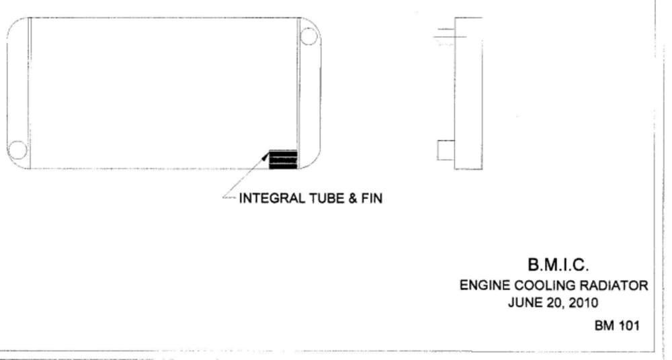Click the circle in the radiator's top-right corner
[x=308, y=36]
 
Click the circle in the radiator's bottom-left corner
[x=17, y=150]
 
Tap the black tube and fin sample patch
[x=282, y=159]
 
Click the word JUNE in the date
[x=523, y=302]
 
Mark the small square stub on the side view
[x=446, y=150]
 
